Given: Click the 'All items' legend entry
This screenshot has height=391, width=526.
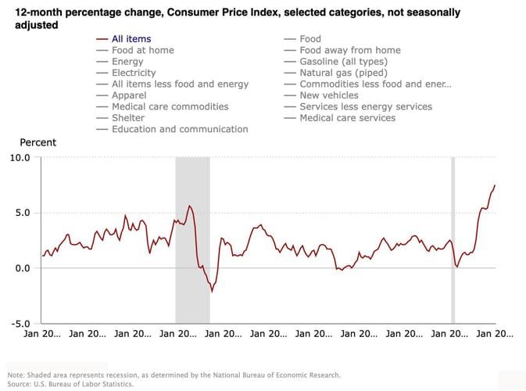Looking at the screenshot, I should tap(131, 38).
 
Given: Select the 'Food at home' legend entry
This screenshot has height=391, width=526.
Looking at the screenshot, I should tap(142, 50).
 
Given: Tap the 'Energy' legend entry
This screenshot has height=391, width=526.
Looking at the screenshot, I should tap(127, 61).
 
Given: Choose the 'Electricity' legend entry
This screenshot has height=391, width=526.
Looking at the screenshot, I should tap(134, 73).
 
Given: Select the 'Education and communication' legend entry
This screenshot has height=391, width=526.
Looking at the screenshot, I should tap(180, 129).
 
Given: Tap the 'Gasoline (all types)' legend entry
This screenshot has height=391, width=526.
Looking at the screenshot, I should tap(343, 61).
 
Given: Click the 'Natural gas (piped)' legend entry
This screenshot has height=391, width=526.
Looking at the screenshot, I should tap(341, 73).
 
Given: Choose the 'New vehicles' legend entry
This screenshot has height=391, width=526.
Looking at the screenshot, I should tap(331, 95).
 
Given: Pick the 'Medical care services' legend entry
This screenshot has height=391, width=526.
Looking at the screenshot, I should tap(347, 118).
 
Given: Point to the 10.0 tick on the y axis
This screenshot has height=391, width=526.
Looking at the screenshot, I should tap(20, 157).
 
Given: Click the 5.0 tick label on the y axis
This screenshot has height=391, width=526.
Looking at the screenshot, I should tap(22, 213).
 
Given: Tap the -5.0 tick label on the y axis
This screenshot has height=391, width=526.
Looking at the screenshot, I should tap(20, 324).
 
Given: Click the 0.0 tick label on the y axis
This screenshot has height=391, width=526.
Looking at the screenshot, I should tap(22, 268).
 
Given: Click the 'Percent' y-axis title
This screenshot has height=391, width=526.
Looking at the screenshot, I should tap(38, 142).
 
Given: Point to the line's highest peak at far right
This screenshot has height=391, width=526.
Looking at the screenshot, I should tap(495, 185).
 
